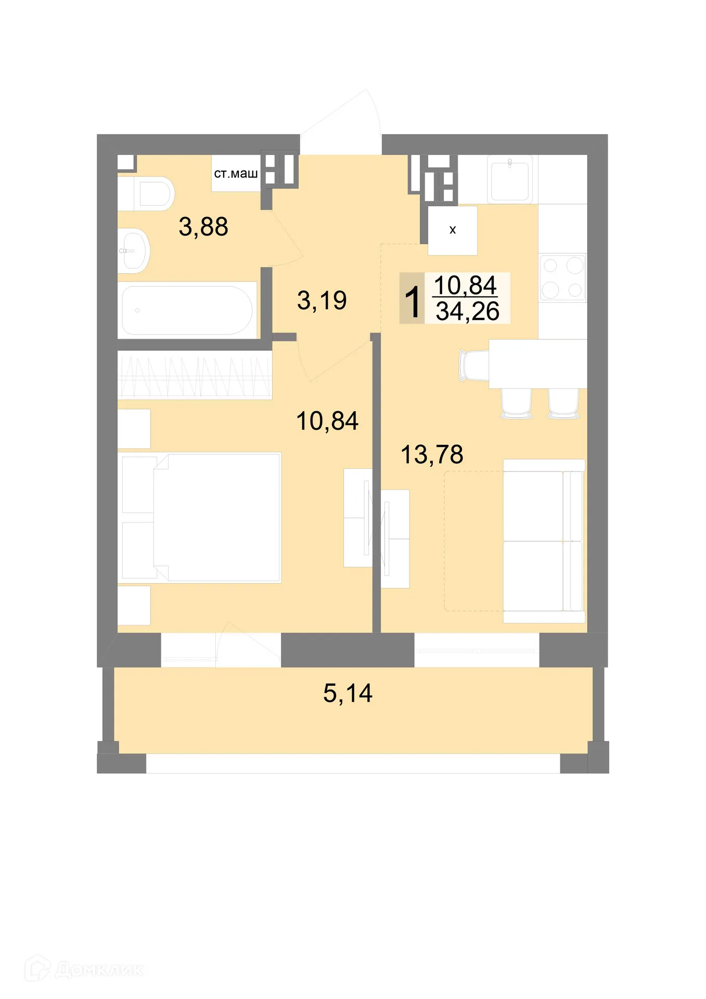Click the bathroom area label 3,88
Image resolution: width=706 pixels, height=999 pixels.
pyautogui.click(x=203, y=227)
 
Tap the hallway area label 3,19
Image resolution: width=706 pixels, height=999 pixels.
pyautogui.click(x=322, y=300)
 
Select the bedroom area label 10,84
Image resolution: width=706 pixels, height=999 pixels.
pyautogui.click(x=327, y=421)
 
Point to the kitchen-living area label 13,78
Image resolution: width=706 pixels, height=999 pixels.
pyautogui.click(x=432, y=454)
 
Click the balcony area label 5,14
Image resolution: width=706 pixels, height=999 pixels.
pyautogui.click(x=348, y=693)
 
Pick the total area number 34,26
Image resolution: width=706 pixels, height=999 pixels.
pyautogui.click(x=467, y=311)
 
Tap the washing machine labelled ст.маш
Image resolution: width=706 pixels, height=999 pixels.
pyautogui.click(x=236, y=174)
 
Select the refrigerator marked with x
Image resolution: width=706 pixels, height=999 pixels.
pyautogui.click(x=452, y=230)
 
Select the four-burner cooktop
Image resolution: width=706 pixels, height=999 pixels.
pyautogui.click(x=562, y=277)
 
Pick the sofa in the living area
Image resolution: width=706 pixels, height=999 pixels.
pyautogui.click(x=543, y=541)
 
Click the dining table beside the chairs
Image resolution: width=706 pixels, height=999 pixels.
pyautogui.click(x=537, y=364)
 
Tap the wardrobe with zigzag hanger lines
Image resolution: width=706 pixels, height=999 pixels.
pyautogui.click(x=195, y=375)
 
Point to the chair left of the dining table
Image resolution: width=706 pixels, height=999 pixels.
pyautogui.click(x=473, y=365)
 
